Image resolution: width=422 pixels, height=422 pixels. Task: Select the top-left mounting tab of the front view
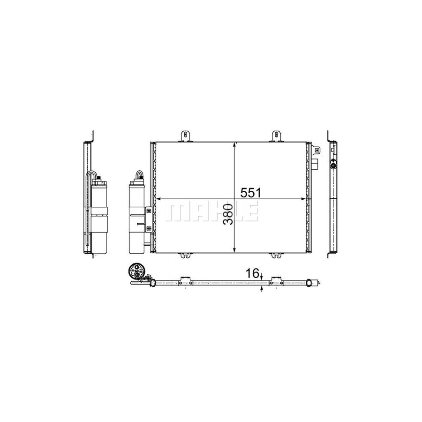point(187,135)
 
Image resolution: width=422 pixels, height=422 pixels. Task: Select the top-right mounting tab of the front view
point(276,135)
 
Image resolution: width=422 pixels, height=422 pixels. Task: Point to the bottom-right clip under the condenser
point(276,256)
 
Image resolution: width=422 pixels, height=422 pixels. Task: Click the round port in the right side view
point(333,165)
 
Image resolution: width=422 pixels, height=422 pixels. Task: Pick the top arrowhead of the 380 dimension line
point(234,145)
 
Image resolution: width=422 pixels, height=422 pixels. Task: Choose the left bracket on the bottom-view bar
point(186,280)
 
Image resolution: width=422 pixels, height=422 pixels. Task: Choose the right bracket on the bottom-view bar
point(276,280)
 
